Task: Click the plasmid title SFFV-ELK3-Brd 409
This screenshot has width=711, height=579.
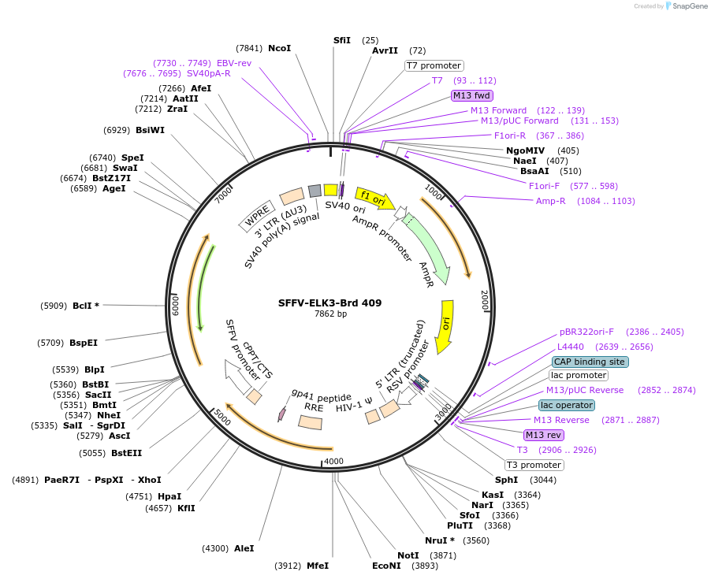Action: (x=329, y=302)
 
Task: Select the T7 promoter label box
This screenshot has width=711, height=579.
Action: (x=434, y=65)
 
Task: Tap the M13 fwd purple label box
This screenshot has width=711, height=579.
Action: (x=471, y=95)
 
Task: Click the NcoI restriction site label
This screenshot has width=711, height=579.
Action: (x=279, y=48)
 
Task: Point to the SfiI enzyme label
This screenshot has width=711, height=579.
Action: (x=341, y=40)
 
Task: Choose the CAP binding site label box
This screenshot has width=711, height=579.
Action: (x=590, y=362)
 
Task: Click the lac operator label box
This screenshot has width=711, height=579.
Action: (x=567, y=405)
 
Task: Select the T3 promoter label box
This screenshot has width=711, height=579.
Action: (x=534, y=465)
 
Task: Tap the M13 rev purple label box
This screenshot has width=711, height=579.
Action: (x=544, y=435)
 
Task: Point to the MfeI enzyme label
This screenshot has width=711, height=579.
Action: (x=317, y=566)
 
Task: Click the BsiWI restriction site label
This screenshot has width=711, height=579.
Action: (x=150, y=130)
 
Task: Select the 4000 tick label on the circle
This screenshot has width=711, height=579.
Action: (x=334, y=461)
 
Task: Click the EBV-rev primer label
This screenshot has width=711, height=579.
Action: (x=234, y=63)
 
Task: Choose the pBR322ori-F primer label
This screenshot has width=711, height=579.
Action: (x=586, y=332)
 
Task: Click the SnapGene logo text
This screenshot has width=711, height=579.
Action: (x=688, y=6)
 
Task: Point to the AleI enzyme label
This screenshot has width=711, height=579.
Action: (x=244, y=548)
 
